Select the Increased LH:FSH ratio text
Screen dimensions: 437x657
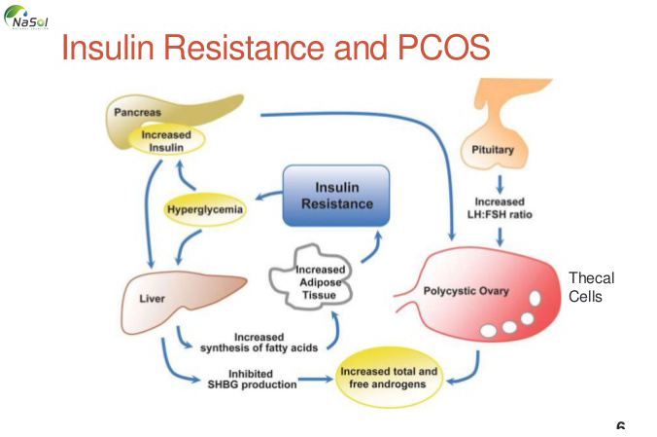click(499, 206)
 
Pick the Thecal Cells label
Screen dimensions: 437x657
click(591, 287)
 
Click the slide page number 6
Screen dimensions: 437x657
click(620, 427)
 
